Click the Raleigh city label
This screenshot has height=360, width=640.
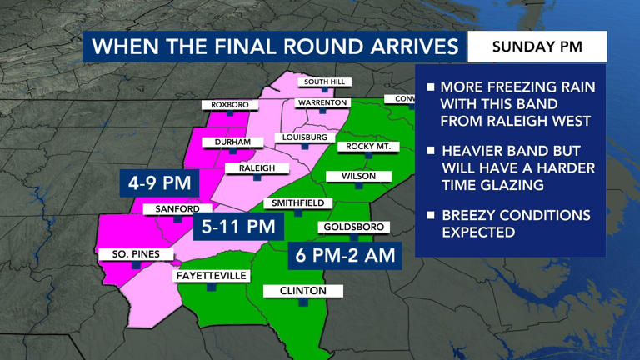257,168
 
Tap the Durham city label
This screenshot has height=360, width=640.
232,142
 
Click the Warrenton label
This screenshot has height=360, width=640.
322,102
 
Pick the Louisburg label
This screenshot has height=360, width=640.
305,137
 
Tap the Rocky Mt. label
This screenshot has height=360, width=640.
366,147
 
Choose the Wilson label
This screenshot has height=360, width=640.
358,177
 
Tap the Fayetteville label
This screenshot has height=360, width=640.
212,276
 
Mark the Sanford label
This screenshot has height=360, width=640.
177,209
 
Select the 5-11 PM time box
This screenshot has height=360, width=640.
238,226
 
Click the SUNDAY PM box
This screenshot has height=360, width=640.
537,46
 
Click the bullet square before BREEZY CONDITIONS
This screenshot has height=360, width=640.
431,215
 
